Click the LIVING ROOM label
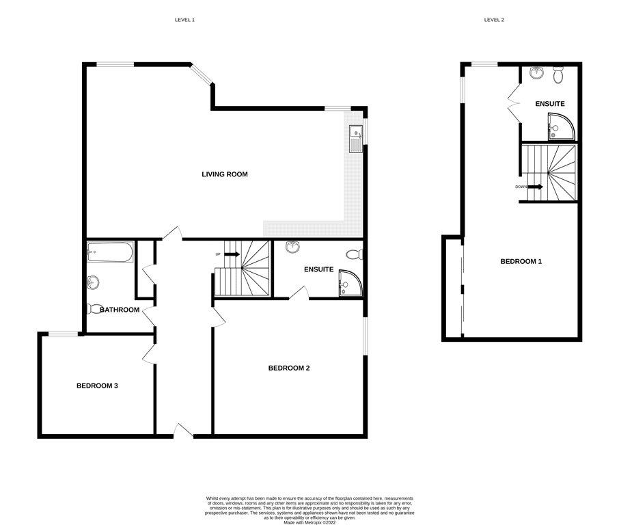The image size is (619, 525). coord(225,174)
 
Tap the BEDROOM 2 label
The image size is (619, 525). coord(289,368)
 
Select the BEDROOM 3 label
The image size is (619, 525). coord(97,386)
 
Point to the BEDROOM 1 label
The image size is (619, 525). coord(521,262)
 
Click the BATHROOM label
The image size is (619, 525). coord(120,310)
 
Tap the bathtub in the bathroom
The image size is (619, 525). coord(110,252)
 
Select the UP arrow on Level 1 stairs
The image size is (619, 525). coord(232,254)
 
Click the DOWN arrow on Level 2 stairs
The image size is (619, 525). coord(536,187)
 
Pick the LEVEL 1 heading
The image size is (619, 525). coord(184,20)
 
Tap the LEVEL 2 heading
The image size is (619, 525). coord(494,20)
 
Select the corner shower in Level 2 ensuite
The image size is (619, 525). coord(561,126)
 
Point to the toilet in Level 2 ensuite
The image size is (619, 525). coord(558,75)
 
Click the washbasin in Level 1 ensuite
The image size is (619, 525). coord(292,247)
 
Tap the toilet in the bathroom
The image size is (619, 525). coord(94,308)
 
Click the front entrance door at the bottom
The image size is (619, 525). coord(183,431)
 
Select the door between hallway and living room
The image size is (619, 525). coord(173,233)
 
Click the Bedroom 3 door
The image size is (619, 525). coord(149,353)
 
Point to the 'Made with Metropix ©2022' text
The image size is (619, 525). coord(309,523)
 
